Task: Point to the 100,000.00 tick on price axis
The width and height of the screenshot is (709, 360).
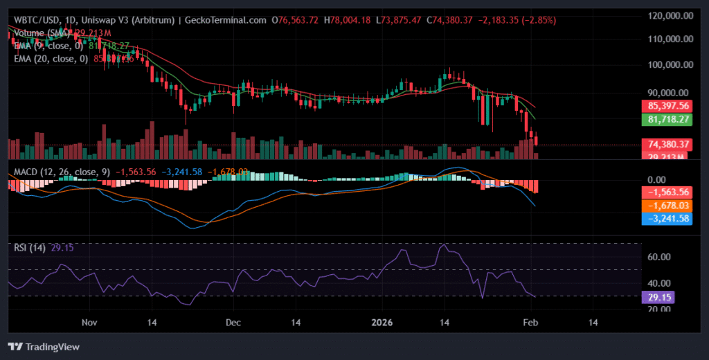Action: [x=667, y=65]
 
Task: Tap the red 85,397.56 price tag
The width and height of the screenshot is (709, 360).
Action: [x=668, y=106]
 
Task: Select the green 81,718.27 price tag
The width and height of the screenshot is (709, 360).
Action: [x=668, y=120]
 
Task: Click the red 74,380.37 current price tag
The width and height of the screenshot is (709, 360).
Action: [x=668, y=144]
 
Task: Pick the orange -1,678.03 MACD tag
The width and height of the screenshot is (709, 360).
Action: [x=668, y=205]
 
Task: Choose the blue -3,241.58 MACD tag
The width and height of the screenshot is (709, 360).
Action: [x=668, y=218]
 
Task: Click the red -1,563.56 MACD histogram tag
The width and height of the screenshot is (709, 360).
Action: [x=668, y=192]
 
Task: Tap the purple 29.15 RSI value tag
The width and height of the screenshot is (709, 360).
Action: [x=658, y=296]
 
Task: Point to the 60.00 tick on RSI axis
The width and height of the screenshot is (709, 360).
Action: [x=658, y=257]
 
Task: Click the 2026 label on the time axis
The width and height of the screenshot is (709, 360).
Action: [x=382, y=323]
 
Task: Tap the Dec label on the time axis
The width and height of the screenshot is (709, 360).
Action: [x=233, y=323]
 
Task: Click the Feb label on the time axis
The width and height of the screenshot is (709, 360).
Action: [x=530, y=323]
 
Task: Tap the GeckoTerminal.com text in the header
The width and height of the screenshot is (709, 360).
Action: [x=224, y=20]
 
